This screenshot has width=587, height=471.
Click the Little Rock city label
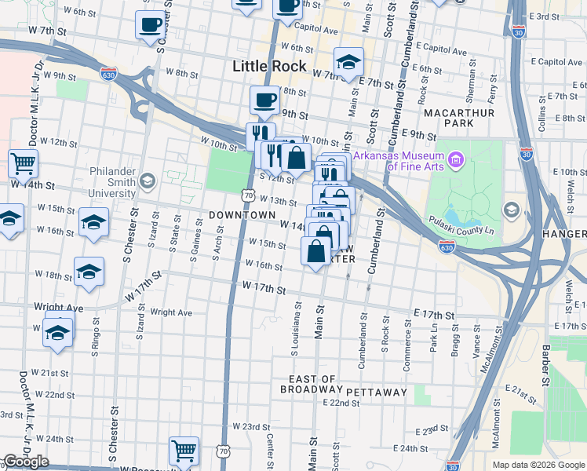269,67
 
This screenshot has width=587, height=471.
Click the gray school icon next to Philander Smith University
147,182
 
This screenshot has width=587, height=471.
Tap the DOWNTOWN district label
242,215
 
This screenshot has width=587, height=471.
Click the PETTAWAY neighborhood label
377,392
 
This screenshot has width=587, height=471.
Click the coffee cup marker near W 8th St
264,100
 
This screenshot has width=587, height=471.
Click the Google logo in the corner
26,462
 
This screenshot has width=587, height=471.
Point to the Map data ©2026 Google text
538,465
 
